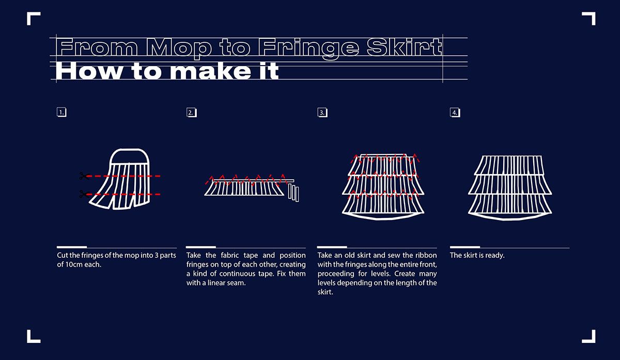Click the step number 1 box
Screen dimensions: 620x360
(x=61, y=113)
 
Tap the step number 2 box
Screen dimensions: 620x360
(x=192, y=113)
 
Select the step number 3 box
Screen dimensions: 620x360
(x=322, y=113)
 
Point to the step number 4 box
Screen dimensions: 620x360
(x=455, y=113)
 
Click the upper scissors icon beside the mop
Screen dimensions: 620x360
(x=84, y=176)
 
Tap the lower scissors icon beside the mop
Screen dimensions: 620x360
(x=84, y=194)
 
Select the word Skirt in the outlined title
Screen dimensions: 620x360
(x=404, y=46)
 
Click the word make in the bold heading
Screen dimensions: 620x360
(x=210, y=71)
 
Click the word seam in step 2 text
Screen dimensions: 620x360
(x=236, y=283)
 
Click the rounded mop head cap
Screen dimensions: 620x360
(x=129, y=157)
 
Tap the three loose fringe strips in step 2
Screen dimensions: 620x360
(x=293, y=193)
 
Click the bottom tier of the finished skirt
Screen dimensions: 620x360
(x=510, y=207)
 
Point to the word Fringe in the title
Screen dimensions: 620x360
(x=308, y=49)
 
